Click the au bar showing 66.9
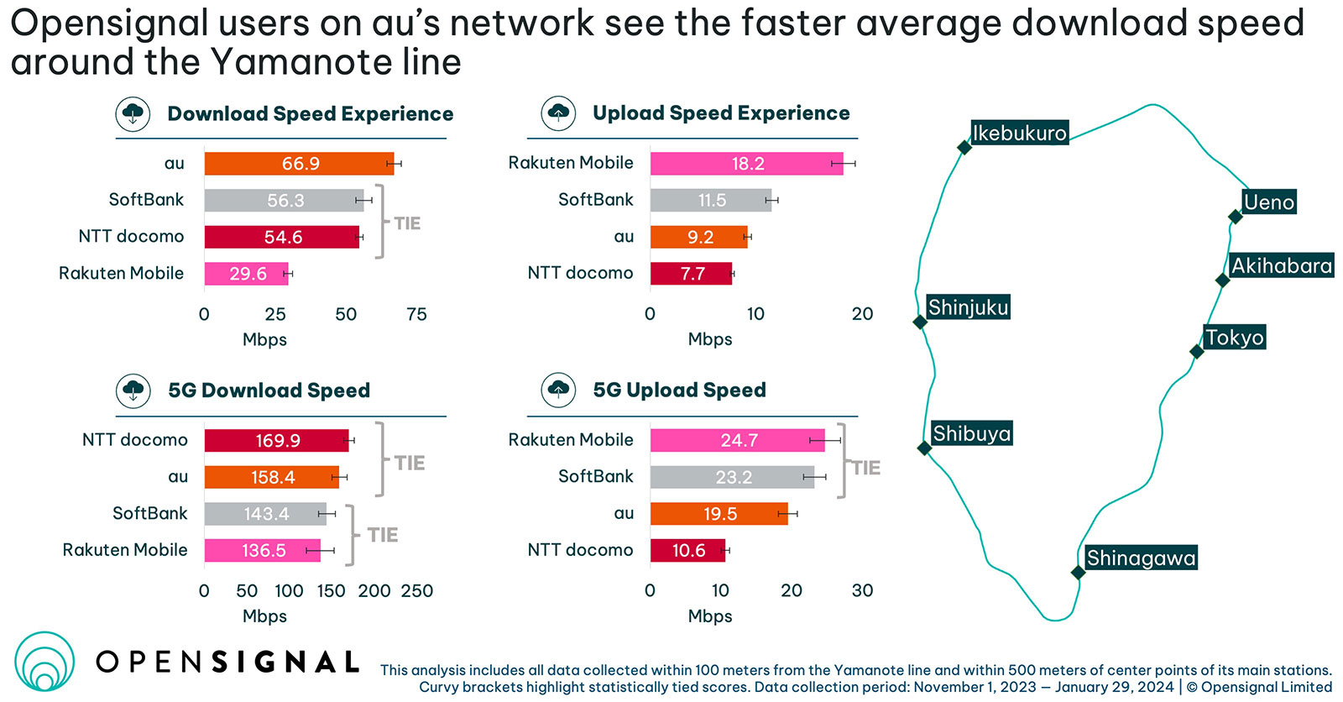[x=299, y=164]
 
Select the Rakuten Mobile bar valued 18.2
[x=746, y=164]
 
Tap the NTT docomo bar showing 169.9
[x=276, y=441]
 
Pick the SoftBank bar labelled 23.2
[x=732, y=478]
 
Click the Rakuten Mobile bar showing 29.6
[x=246, y=274]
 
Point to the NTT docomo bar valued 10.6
[x=687, y=551]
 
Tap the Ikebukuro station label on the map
[x=1019, y=133]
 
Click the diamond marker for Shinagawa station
[x=1078, y=573]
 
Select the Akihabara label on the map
[x=1281, y=266]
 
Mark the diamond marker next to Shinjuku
[x=920, y=322]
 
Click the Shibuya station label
[x=971, y=434]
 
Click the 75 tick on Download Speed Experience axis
[x=416, y=315]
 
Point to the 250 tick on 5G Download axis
[x=417, y=591]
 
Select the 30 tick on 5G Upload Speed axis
[x=862, y=591]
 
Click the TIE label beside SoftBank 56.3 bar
[x=407, y=223]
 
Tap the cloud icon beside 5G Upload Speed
[x=558, y=390]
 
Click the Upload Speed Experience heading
[x=720, y=113]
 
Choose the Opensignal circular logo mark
[x=44, y=662]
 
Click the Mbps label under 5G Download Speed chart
[x=264, y=616]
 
